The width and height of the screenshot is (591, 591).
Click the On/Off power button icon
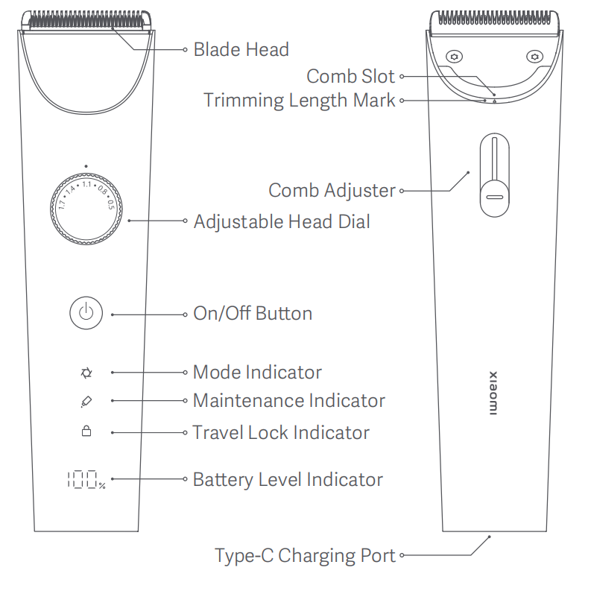pos(86,313)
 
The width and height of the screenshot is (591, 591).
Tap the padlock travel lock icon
pos(86,432)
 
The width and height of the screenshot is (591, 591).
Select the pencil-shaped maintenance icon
pos(86,401)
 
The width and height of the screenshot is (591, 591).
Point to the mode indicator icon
pos(86,371)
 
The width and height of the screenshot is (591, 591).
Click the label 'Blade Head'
pos(241,50)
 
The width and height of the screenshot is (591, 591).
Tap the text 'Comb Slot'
pos(351,76)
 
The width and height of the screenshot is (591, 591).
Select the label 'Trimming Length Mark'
pos(300,100)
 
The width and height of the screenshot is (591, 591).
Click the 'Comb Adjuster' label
pos(332,190)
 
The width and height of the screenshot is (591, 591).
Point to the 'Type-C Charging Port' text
pos(305,556)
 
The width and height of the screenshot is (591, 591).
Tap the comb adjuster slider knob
pos(494,197)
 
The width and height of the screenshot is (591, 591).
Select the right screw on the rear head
pos(534,57)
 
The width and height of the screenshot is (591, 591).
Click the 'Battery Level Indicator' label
pos(288,479)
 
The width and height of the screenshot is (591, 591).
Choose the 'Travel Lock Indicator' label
pos(281,432)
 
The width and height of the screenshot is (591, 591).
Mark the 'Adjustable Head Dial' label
pos(282,221)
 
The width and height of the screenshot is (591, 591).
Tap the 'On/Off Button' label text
pos(253,313)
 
